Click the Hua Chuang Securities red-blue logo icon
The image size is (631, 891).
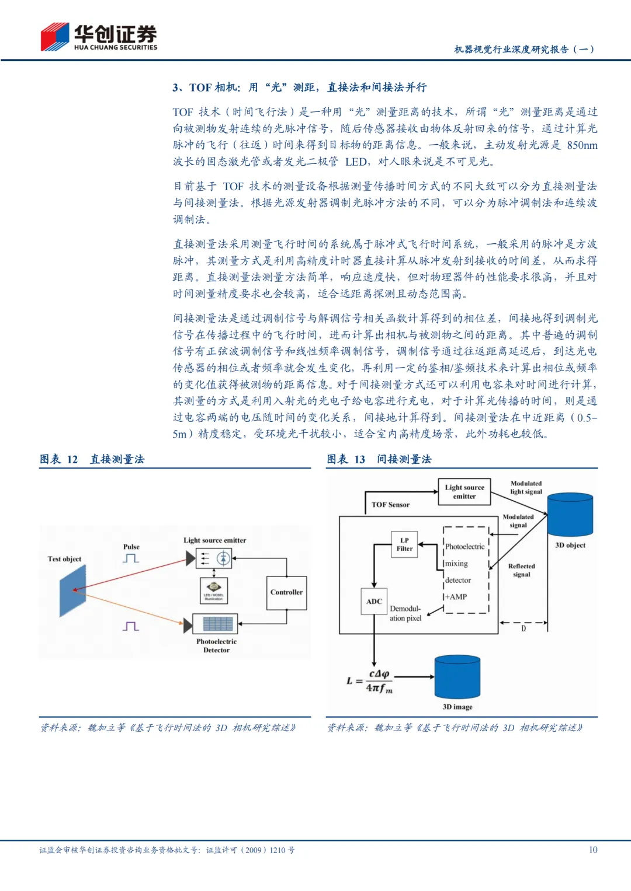(x=55, y=37)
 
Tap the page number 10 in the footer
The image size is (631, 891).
(x=593, y=850)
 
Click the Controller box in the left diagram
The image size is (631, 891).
(x=286, y=592)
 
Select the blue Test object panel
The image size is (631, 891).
(x=72, y=590)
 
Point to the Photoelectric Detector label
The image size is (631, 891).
(x=216, y=645)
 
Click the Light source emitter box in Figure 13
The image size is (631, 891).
(x=464, y=492)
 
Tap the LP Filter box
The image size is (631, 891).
(x=404, y=544)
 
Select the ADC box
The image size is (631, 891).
(x=374, y=602)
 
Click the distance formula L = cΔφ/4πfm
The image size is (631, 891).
(x=370, y=681)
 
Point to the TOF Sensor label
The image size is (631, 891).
(x=390, y=505)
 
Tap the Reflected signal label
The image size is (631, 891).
(x=521, y=570)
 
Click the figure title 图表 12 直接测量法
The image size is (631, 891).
(x=92, y=459)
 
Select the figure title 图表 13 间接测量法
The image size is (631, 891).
(x=379, y=459)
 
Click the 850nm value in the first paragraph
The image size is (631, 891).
(x=582, y=145)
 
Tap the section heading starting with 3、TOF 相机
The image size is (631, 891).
(x=299, y=88)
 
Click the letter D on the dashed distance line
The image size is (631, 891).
(x=523, y=628)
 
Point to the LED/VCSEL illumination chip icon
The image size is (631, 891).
(x=213, y=589)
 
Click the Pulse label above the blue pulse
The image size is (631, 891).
(x=131, y=547)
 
